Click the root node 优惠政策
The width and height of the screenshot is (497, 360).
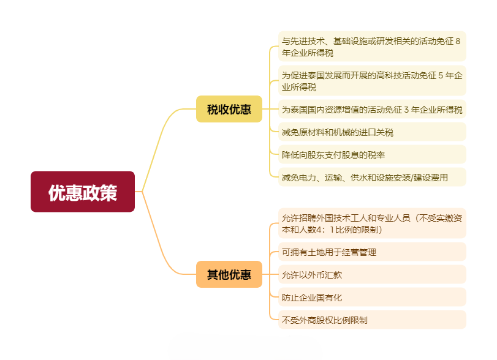pyautogui.click(x=83, y=192)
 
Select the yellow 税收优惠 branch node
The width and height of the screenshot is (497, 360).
pyautogui.click(x=229, y=110)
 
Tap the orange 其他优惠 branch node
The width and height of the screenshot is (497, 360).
pyautogui.click(x=229, y=274)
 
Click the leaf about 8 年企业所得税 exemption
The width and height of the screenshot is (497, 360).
pyautogui.click(x=371, y=47)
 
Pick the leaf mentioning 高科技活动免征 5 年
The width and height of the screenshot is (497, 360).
pyautogui.click(x=371, y=81)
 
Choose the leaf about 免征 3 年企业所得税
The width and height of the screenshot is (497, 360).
pyautogui.click(x=371, y=110)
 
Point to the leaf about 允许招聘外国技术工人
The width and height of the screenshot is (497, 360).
pyautogui.click(x=371, y=223)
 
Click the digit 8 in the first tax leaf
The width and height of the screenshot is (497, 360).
pyautogui.click(x=458, y=41)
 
